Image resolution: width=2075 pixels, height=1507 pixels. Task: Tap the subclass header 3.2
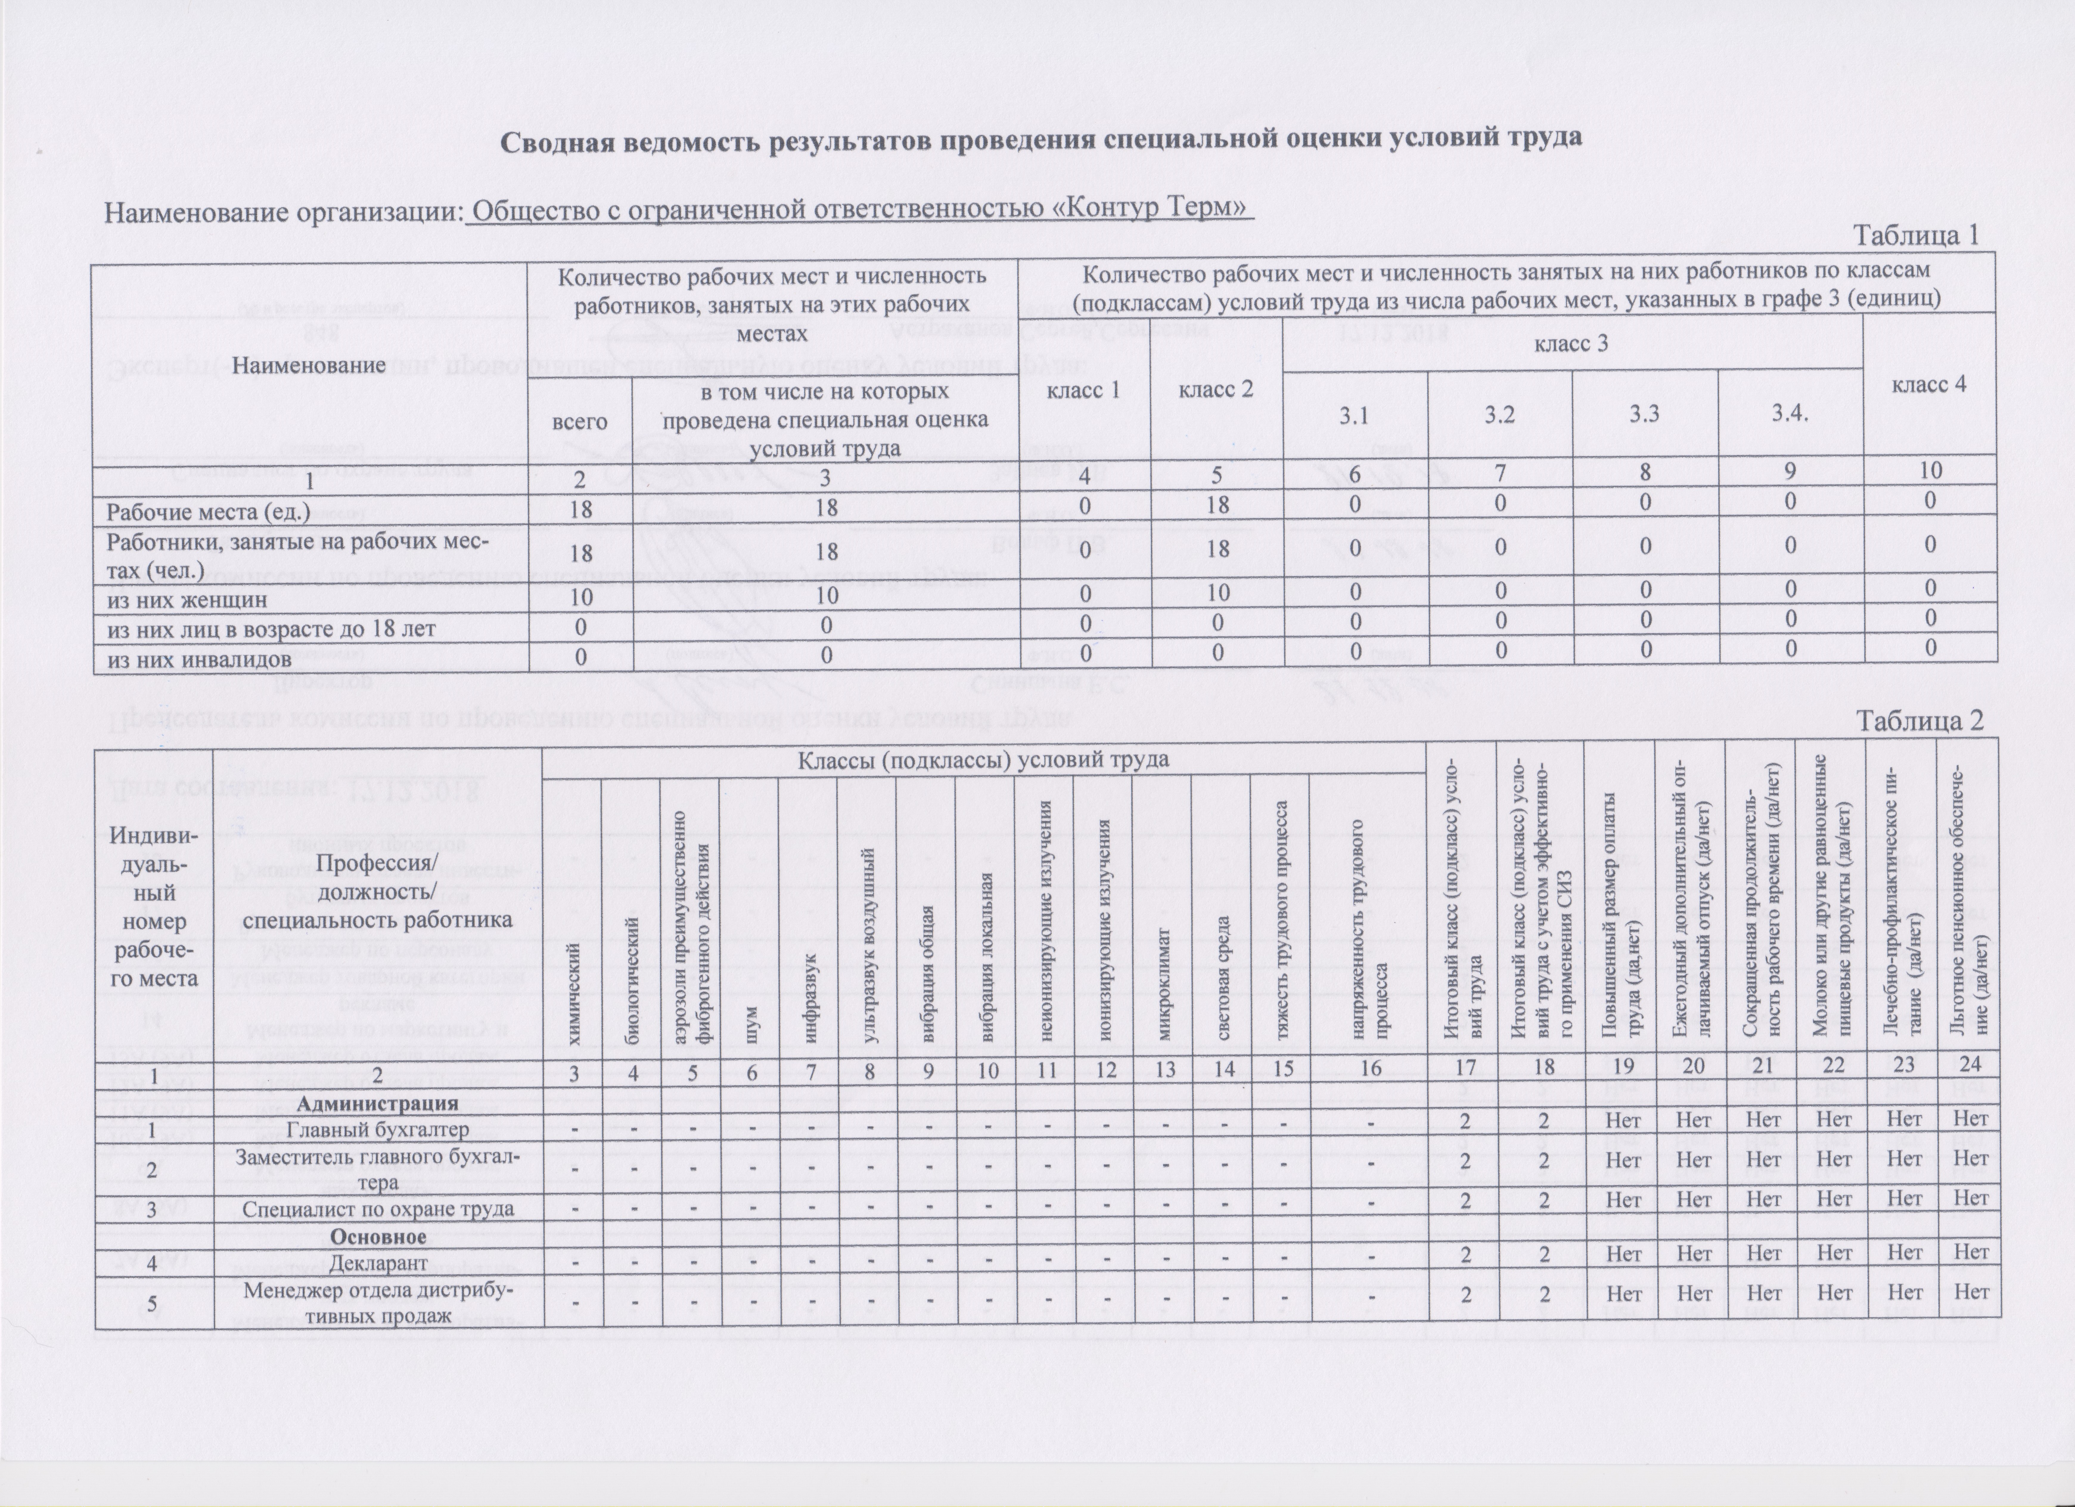coord(1500,415)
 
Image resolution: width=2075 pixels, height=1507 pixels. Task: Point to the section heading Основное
coord(378,1237)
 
